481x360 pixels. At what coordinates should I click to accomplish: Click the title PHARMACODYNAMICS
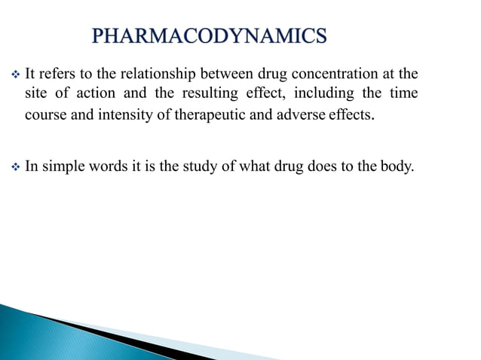point(210,35)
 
